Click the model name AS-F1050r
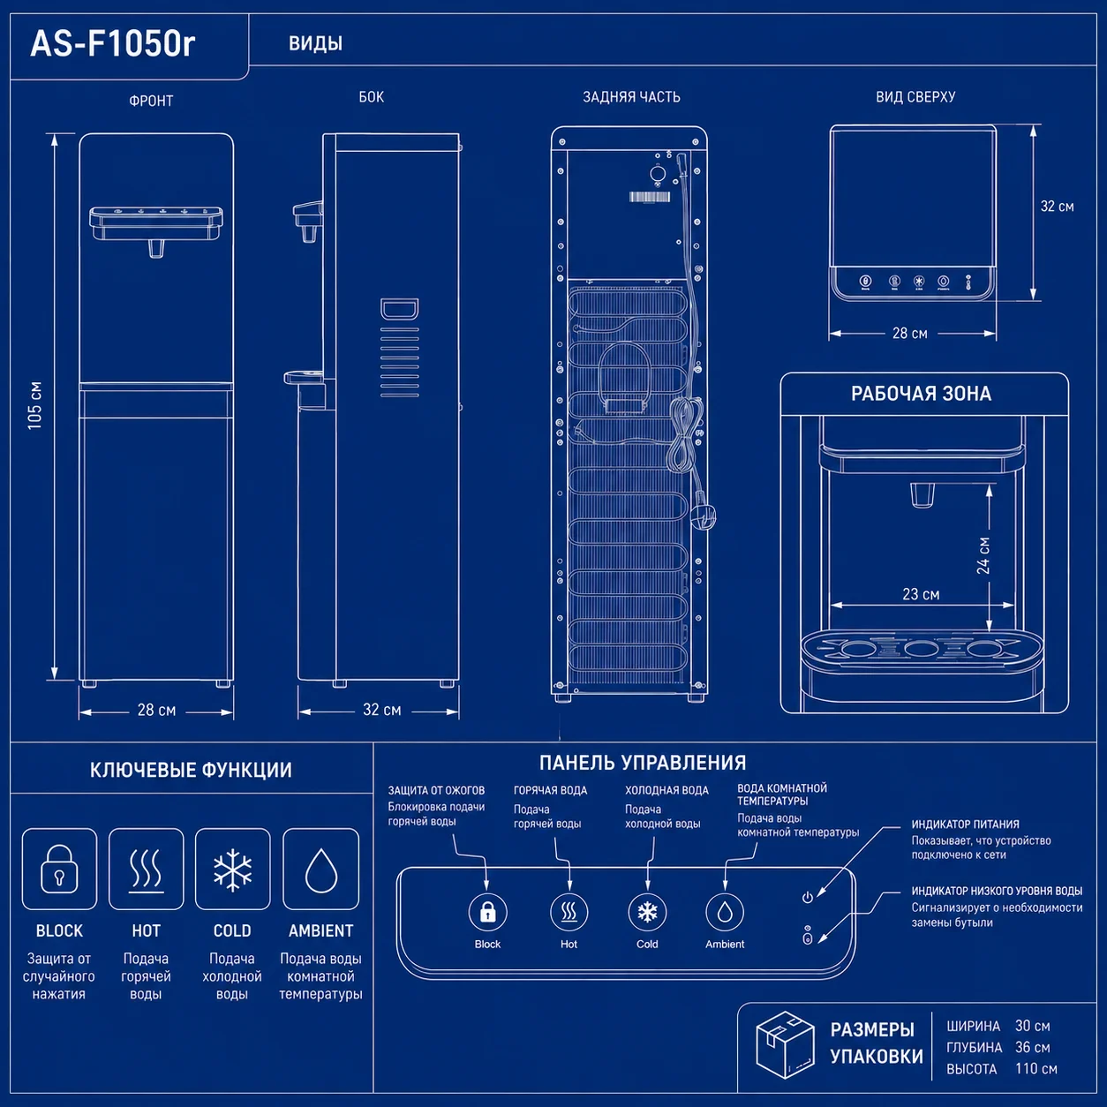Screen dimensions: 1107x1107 point(113,43)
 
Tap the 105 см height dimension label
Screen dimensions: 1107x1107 point(35,405)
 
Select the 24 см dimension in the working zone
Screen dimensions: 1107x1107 point(983,555)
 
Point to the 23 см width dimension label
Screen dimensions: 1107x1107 point(921,594)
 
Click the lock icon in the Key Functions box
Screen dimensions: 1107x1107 point(59,870)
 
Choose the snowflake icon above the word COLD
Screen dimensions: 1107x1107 point(232,869)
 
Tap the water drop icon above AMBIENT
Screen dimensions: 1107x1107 point(320,870)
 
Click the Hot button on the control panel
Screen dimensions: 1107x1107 point(569,912)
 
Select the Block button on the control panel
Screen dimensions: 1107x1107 point(487,912)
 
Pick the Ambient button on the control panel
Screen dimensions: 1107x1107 point(725,912)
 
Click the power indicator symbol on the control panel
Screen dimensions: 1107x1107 point(807,897)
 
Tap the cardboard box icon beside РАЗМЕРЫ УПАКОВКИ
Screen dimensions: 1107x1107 point(786,1045)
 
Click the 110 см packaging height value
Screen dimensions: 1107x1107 point(1036,1068)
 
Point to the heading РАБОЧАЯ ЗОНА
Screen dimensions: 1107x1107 point(921,394)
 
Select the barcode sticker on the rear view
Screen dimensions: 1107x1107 point(650,197)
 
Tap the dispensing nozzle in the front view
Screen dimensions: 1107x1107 point(155,247)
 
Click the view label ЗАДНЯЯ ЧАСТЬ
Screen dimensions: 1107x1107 point(631,97)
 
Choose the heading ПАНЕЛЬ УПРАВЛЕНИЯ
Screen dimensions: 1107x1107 point(643,763)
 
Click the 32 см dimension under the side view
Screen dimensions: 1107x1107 point(382,710)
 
